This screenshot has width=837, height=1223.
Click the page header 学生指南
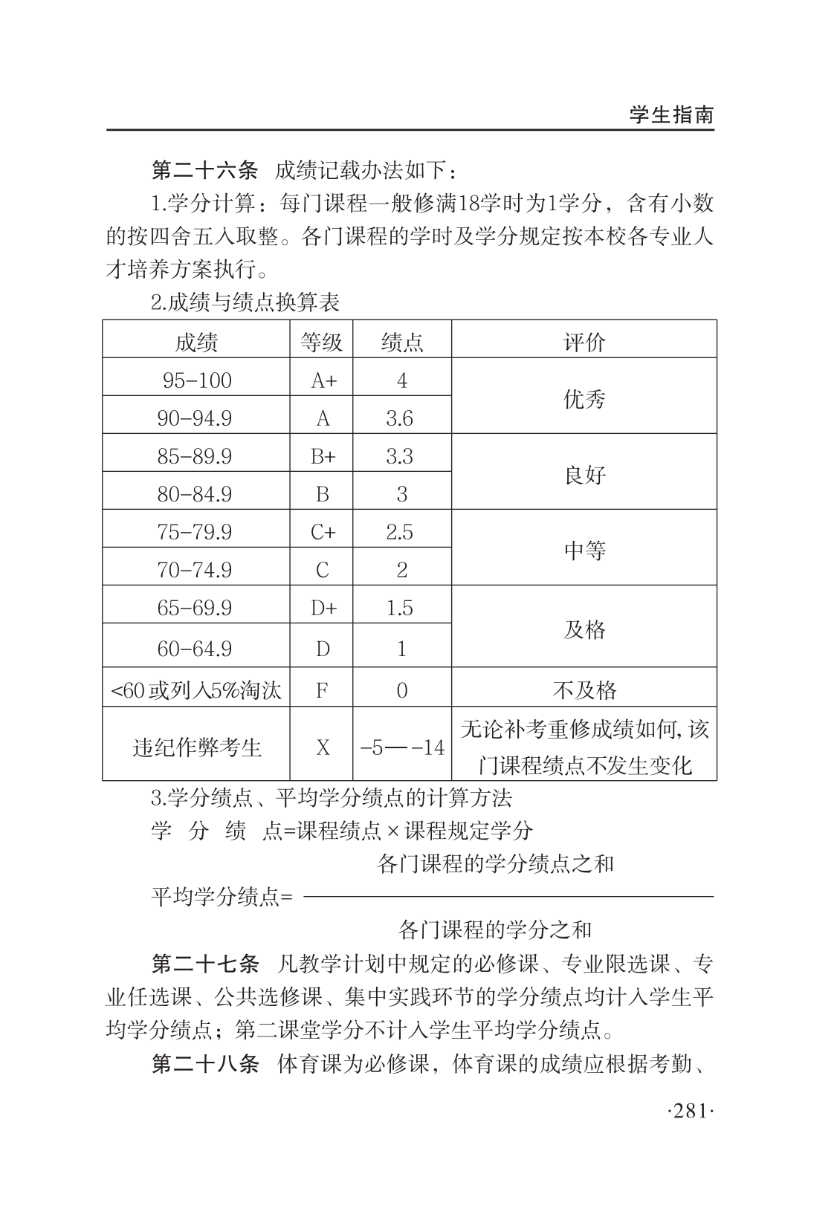671,115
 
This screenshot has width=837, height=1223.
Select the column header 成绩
196,342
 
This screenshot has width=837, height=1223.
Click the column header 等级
321,342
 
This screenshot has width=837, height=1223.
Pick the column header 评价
584,342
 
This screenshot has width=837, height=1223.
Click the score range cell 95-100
196,380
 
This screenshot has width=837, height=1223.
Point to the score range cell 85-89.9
194,456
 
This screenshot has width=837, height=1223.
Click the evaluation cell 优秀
584,399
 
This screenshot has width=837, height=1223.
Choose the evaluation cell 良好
584,475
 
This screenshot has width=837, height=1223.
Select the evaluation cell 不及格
584,690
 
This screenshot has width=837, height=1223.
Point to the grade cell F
322,690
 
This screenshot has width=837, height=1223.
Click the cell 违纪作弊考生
197,747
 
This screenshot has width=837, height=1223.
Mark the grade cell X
322,747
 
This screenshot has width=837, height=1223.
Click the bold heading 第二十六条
204,170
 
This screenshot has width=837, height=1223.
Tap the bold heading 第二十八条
204,1064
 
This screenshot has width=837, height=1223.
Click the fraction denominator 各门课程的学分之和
495,929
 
